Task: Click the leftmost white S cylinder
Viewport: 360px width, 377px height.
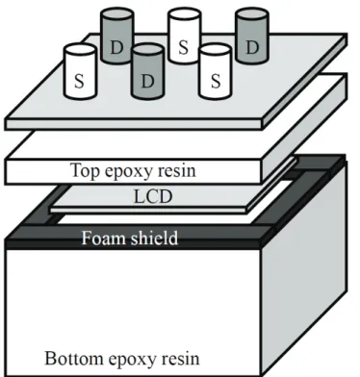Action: click(80, 72)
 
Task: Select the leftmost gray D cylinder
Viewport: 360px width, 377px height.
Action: click(116, 36)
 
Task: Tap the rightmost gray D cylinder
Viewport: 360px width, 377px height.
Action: click(252, 36)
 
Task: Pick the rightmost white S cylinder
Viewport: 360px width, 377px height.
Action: click(215, 72)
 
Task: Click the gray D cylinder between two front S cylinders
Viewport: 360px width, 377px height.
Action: click(147, 71)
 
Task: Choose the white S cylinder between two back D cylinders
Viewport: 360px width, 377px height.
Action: click(184, 36)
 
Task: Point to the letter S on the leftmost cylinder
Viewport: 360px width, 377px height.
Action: click(79, 81)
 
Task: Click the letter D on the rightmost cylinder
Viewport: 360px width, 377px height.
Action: click(252, 47)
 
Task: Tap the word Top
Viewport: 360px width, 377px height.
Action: click(86, 171)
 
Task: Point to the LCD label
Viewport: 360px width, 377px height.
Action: click(153, 197)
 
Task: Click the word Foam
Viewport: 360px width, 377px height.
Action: click(102, 239)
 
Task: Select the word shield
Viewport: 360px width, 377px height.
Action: click(153, 238)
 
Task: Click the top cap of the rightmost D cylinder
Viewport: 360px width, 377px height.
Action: click(252, 14)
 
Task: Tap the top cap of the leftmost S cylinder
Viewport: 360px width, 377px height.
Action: click(80, 51)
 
